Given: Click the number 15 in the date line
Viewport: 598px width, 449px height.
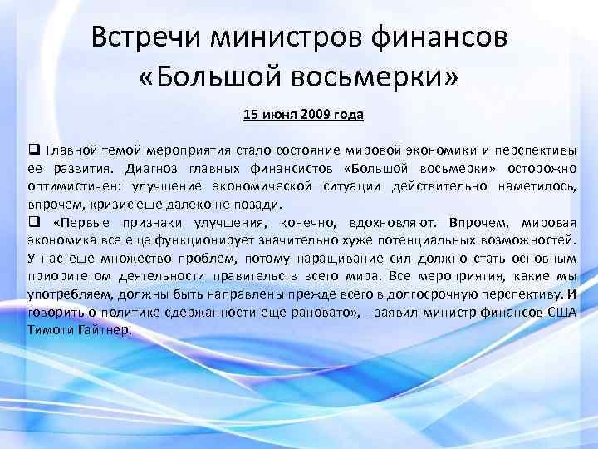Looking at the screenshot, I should pos(250,114).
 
